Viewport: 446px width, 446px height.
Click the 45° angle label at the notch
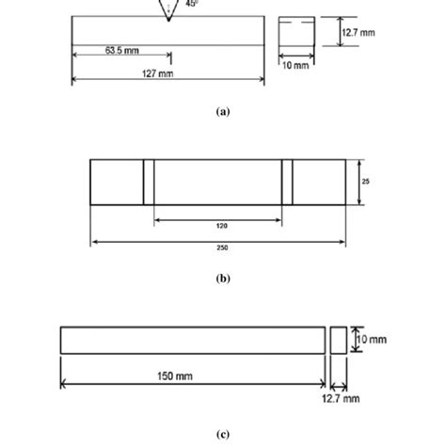pos(192,4)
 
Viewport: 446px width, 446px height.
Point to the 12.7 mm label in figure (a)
pos(358,33)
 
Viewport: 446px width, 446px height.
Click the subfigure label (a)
pos(222,110)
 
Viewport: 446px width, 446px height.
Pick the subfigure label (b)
pos(222,279)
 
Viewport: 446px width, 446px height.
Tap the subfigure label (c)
pos(222,435)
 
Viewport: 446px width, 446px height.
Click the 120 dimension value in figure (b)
pos(218,227)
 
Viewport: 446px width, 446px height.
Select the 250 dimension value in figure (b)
pos(222,248)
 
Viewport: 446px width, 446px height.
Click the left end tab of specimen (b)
pos(116,182)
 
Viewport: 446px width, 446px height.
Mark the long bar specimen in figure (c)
pos(192,340)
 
